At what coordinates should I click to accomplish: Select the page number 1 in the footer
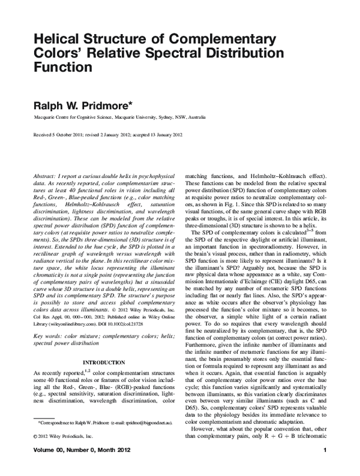(324, 467)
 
